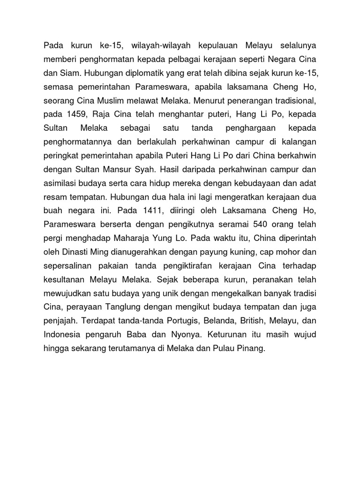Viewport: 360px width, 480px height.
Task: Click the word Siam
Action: (69, 73)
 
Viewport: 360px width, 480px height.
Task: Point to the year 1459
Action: (73, 114)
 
